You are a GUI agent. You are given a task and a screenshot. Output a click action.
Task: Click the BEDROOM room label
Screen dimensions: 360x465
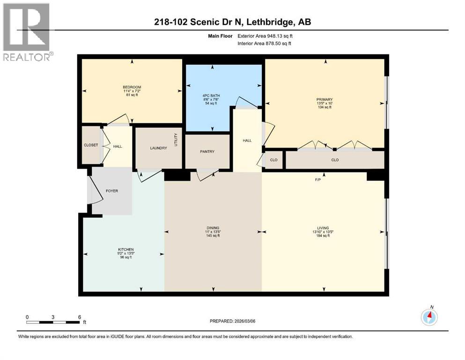tap(129, 87)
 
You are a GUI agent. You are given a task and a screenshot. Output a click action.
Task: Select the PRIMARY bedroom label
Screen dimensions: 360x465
tap(324, 99)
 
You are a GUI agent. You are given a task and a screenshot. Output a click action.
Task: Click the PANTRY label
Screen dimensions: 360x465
tap(207, 151)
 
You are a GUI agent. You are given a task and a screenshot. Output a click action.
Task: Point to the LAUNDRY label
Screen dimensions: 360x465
tap(158, 148)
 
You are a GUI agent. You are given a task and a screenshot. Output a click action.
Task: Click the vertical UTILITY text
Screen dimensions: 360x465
tap(176, 139)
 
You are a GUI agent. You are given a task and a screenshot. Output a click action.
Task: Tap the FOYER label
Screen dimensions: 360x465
tap(111, 191)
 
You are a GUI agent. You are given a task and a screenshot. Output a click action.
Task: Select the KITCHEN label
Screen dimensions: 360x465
tap(125, 249)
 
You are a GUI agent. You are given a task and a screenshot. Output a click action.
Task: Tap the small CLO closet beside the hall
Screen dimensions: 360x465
tap(273, 160)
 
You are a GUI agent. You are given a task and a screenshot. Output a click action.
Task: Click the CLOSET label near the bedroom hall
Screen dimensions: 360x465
tap(91, 145)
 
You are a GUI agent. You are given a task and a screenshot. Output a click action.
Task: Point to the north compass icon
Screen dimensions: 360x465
tap(429, 317)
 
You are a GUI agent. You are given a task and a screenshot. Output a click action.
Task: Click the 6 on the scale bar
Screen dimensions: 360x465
tap(80, 317)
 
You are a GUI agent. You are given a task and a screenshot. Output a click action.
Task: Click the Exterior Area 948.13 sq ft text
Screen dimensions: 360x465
tap(268, 36)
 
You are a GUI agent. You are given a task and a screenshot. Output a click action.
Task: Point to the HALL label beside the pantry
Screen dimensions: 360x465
tap(247, 140)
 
